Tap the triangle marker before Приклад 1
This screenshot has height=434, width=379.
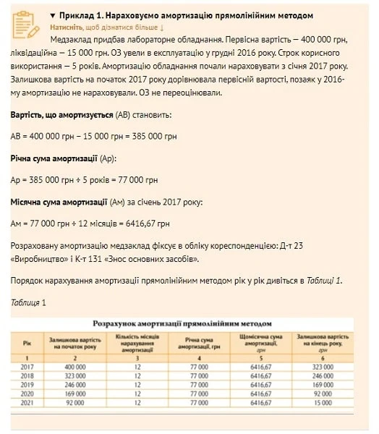pos(53,15)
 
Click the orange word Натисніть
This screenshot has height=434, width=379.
pos(67,26)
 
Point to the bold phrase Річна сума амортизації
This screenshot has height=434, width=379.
pos(54,158)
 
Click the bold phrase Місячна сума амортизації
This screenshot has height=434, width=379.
pos(59,202)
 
